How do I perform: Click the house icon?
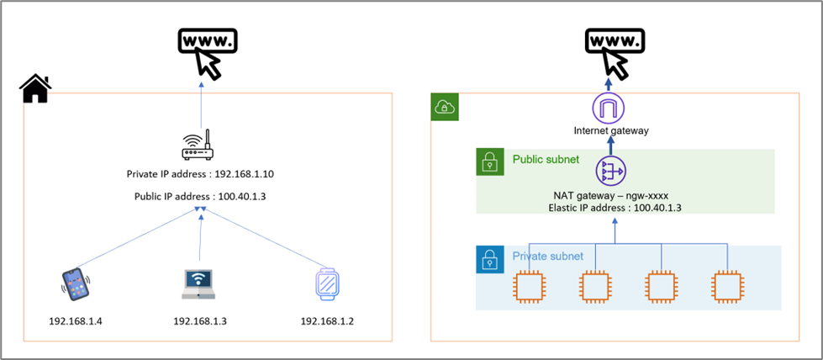pos(35,89)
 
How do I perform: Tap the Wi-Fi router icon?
pos(198,145)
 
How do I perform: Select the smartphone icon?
pos(75,284)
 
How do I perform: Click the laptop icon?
pos(198,284)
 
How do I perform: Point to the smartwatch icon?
pos(326,284)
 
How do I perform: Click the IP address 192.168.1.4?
pos(76,321)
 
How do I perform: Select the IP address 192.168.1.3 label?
pos(200,321)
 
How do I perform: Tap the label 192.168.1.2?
pos(327,321)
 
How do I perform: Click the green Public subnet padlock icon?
pos(490,161)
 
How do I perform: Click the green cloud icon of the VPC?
pos(445,107)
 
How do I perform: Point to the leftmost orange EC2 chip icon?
pos(529,288)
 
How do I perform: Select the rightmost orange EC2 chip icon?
pos(728,288)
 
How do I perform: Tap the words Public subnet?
pos(546,159)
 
